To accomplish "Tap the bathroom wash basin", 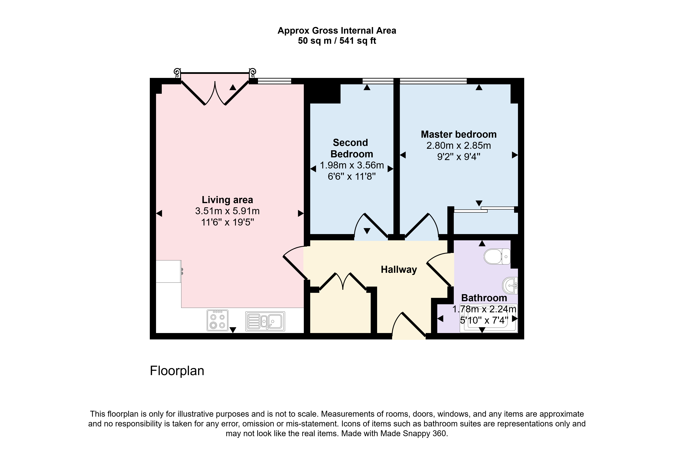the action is coord(510,286).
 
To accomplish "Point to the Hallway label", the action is coord(399,270).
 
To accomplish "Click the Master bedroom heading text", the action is coord(459,134).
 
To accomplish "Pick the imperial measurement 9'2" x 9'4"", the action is coord(459,157).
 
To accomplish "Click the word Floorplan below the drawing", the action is coord(177,371).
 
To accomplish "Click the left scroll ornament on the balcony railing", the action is coord(177,73).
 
